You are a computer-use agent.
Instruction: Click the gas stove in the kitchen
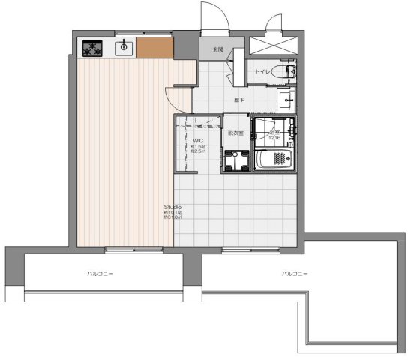click(94, 49)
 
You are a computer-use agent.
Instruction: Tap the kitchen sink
click(123, 49)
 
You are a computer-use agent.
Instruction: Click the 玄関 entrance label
click(217, 50)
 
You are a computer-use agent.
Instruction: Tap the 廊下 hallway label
click(239, 99)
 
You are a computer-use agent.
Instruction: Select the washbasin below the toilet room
click(288, 100)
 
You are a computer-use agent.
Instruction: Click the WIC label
click(198, 140)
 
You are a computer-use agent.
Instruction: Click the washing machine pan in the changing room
click(238, 160)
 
